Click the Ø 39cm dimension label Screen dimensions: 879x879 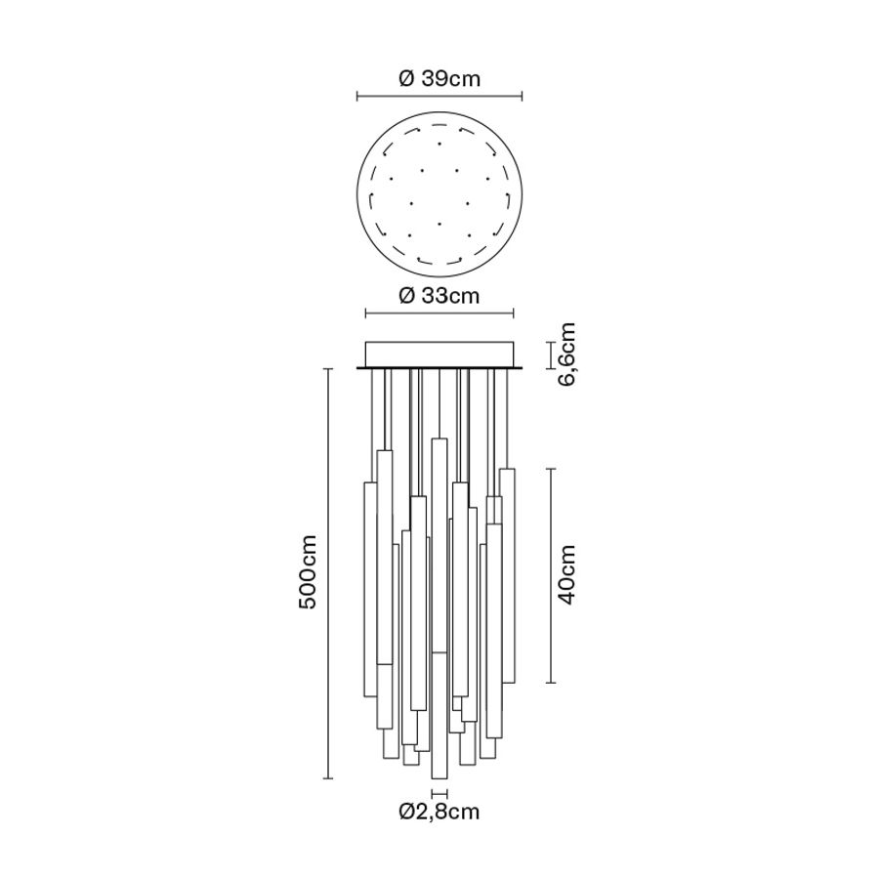point(439,78)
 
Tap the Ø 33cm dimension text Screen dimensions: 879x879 point(439,295)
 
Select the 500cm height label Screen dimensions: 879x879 point(308,571)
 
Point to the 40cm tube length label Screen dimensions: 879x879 point(566,574)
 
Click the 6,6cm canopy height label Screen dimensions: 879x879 point(566,354)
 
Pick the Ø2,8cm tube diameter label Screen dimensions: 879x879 point(439,812)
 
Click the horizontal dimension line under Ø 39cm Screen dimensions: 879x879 point(439,97)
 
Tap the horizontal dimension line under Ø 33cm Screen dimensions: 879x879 point(439,314)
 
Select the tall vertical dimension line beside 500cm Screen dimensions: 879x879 point(328,573)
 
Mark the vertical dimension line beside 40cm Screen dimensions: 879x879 point(551,575)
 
